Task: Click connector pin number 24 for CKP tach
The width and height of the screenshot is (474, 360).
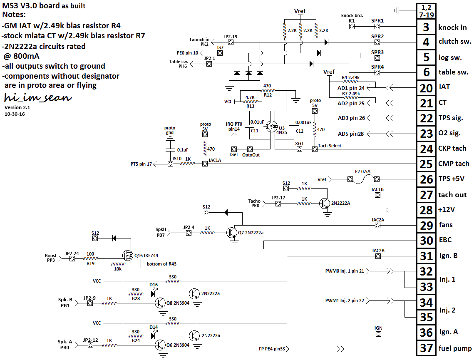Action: pos(426,148)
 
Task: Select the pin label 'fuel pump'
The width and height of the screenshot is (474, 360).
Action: pos(455,348)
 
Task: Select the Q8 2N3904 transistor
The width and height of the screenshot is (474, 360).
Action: pos(160,303)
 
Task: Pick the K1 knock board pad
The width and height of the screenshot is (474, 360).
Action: pos(352,26)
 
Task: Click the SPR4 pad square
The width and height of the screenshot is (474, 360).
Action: pos(377,72)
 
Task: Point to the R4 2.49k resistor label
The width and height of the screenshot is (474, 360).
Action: pos(350,78)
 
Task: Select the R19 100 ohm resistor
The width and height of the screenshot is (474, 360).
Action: pos(90,258)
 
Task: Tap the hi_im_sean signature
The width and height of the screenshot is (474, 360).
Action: pos(37,98)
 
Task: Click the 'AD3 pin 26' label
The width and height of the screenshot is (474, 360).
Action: pos(351,118)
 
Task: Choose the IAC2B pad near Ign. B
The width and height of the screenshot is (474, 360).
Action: pos(377,256)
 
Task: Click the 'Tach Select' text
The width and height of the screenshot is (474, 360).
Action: pos(329,146)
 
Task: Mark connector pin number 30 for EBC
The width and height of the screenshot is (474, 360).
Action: pos(426,240)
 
